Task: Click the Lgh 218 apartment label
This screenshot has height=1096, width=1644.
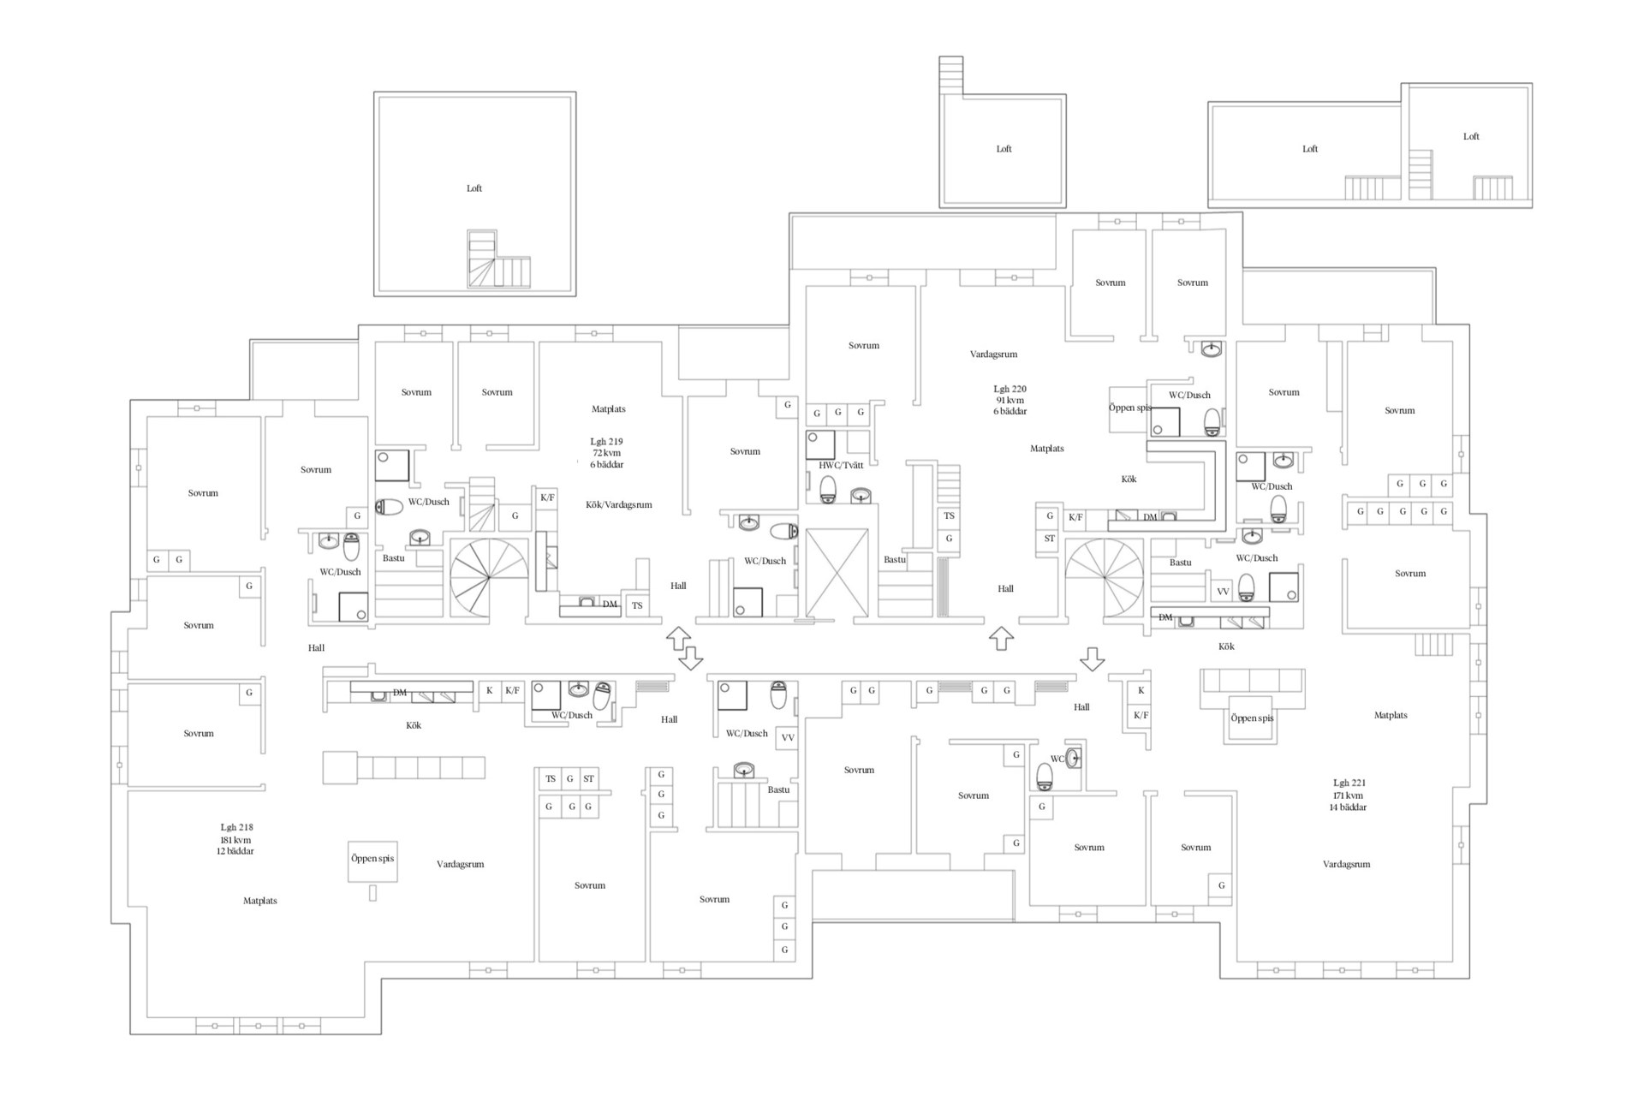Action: (236, 827)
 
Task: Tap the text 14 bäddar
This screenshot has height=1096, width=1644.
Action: (1348, 807)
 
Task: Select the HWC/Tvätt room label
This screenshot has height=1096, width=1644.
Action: (841, 465)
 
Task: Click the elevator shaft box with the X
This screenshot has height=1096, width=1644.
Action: (837, 573)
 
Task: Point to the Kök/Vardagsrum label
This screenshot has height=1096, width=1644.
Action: (619, 504)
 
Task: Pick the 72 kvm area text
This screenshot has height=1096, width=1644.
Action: (607, 453)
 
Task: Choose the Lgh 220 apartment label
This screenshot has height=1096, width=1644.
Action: (1010, 389)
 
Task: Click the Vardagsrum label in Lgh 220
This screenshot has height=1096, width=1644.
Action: (993, 354)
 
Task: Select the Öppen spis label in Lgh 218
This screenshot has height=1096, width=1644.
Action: (372, 858)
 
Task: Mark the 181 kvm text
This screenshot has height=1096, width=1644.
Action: (235, 840)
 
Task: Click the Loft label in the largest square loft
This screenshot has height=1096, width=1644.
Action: (474, 188)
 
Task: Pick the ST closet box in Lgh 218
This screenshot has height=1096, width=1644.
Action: (588, 779)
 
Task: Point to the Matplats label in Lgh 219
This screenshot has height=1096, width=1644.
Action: (608, 409)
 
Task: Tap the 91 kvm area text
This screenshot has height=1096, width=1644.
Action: (1010, 400)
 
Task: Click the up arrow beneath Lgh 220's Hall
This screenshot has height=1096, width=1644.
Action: (1001, 638)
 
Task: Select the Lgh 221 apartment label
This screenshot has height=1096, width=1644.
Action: (1349, 783)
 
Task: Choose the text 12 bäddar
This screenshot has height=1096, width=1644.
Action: (235, 851)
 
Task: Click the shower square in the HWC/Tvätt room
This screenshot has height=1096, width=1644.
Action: (820, 445)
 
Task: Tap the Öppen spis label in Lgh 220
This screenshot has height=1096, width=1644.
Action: (1130, 408)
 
